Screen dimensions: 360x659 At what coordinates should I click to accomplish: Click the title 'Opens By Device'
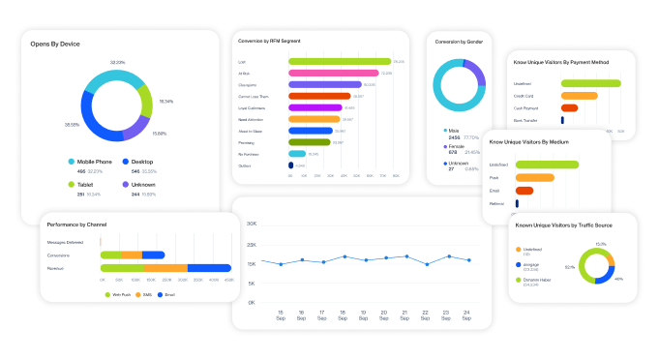pyautogui.click(x=55, y=45)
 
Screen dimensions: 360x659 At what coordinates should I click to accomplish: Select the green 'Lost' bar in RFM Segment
pyautogui.click(x=339, y=61)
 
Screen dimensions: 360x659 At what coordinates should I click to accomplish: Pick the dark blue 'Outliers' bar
pyautogui.click(x=290, y=165)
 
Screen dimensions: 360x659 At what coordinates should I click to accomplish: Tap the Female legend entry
pyautogui.click(x=455, y=146)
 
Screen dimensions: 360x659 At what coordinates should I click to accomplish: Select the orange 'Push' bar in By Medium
pyautogui.click(x=535, y=177)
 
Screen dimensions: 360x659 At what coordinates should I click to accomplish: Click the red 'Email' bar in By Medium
pyautogui.click(x=524, y=191)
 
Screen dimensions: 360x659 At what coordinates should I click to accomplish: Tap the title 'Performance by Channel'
pyautogui.click(x=76, y=225)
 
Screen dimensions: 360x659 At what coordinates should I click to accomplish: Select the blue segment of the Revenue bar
pyautogui.click(x=209, y=267)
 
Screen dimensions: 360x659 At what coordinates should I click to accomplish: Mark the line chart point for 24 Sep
pyautogui.click(x=469, y=260)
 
